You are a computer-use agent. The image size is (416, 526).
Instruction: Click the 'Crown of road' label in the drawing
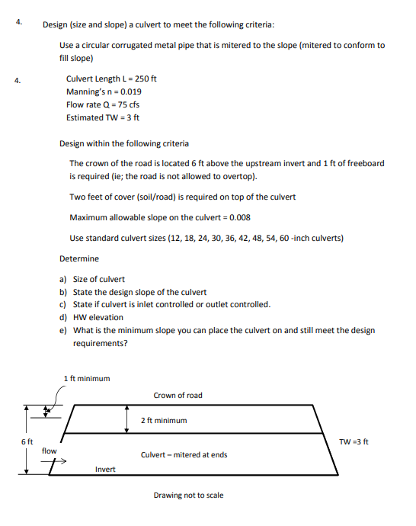point(178,395)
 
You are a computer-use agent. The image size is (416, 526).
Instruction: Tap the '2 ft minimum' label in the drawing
point(164,420)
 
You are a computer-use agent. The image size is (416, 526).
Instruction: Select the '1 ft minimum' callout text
point(87,378)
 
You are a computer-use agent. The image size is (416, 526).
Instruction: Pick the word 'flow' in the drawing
point(49,451)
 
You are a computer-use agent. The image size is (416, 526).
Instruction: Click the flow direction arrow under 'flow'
point(59,461)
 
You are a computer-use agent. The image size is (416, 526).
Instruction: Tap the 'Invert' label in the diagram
point(105,469)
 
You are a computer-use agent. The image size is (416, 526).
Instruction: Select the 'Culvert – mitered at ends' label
point(184,455)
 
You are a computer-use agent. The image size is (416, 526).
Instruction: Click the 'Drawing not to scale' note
point(188,496)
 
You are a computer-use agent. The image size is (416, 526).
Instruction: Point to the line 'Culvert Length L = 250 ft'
point(111,79)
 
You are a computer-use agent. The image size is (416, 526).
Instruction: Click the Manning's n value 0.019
point(129,91)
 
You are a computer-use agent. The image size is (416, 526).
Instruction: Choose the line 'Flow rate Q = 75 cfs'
point(103,104)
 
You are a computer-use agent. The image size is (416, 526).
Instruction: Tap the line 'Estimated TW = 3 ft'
point(103,117)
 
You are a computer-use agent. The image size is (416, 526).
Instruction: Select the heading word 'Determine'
point(79,258)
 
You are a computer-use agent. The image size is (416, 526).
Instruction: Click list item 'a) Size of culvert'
point(92,279)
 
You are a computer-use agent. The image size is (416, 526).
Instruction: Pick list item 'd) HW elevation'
point(91,317)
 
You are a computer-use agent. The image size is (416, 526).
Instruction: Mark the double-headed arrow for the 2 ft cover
point(127,419)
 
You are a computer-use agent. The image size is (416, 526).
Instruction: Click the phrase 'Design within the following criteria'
point(124,143)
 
